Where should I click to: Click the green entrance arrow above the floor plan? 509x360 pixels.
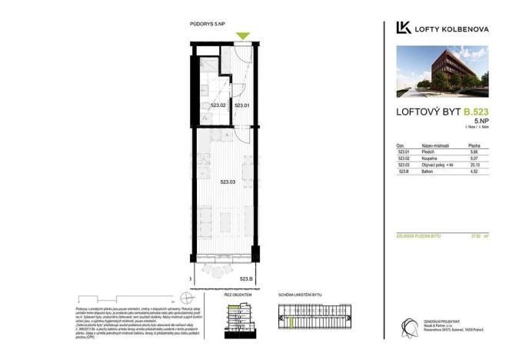[x=243, y=35]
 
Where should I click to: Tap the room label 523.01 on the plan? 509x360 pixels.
[x=243, y=105]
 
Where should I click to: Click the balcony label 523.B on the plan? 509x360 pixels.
[x=246, y=278]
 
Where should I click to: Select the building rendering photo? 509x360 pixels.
[x=442, y=72]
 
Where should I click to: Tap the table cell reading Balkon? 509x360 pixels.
[x=428, y=171]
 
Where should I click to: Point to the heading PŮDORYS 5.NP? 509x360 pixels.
[x=208, y=25]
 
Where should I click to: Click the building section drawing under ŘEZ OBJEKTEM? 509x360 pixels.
[x=239, y=317]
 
